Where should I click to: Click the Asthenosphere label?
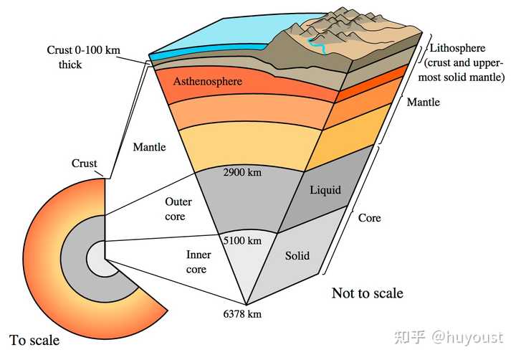pos(208,81)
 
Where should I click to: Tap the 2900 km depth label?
pos(242,172)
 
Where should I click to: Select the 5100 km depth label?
pos(242,240)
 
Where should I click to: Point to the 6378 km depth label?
pos(242,314)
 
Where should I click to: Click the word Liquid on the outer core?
pos(325,190)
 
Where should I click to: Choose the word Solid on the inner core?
pos(297,255)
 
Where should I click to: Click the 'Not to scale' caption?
pos(367,293)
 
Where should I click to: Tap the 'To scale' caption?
pos(34,340)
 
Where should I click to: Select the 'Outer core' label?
pos(178,209)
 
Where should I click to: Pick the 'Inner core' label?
pos(198,262)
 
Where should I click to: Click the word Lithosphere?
pos(457,48)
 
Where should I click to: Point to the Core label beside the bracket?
pos(369,218)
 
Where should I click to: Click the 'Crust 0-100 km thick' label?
pos(84,57)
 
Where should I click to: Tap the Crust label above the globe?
pos(85,163)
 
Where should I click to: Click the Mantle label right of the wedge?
pos(424,102)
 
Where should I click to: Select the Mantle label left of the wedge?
pos(149,146)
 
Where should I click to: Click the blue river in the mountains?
pos(317,45)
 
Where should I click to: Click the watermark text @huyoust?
pos(467,337)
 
